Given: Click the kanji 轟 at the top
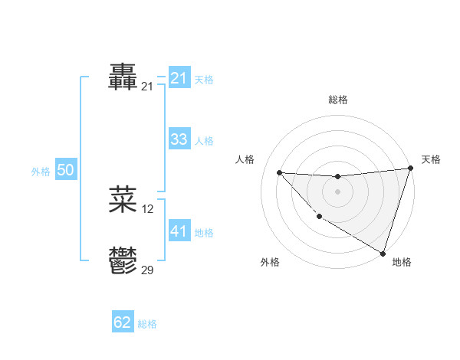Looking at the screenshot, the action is click(123, 77).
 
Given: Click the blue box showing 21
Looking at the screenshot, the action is click(179, 78).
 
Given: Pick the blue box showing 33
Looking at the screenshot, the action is click(179, 139).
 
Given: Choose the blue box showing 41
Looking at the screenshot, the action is click(179, 231).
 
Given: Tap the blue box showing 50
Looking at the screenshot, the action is click(65, 170).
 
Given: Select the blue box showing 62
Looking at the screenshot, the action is click(123, 322).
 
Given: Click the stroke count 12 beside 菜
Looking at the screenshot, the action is click(148, 209).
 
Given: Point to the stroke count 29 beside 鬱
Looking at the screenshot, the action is click(148, 270).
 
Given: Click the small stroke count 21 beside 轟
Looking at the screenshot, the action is click(148, 87).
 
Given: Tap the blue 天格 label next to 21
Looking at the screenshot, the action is click(204, 80).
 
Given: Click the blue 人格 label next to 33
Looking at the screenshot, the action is click(204, 141).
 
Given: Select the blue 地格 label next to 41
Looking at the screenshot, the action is click(204, 232).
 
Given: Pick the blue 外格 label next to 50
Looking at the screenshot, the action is click(41, 172).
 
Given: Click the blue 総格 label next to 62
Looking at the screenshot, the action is click(147, 324).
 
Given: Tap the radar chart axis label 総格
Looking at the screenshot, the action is click(337, 100).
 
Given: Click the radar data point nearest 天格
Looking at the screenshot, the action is click(410, 169).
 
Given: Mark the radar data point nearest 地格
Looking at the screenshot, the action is click(383, 253).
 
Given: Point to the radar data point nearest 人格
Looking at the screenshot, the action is click(279, 172).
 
